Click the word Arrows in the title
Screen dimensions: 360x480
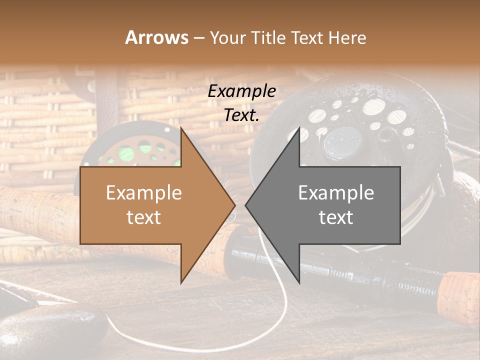156,37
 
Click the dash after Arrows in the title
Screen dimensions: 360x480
198,38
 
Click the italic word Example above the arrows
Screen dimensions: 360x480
241,91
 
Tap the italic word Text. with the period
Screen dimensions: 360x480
241,115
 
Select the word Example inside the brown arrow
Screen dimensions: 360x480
143,193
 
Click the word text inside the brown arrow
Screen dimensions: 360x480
143,217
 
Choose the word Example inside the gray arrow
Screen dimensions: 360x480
336,193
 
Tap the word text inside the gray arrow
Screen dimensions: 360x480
336,217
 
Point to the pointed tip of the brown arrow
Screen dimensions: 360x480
234,205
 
